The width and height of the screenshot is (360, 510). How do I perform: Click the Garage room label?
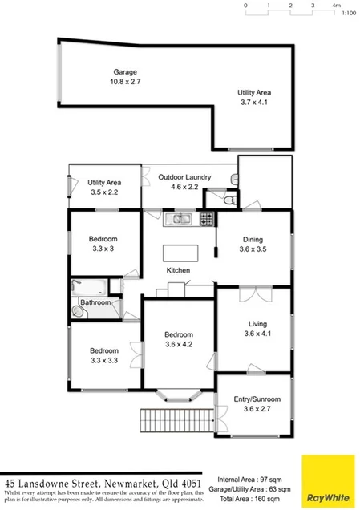pos(124,71)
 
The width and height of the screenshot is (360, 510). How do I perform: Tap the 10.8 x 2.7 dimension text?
pos(124,81)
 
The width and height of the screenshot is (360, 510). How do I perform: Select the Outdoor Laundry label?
pos(184,177)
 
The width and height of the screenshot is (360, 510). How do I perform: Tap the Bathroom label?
pos(95,302)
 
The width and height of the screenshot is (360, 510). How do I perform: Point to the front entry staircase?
pos(178,420)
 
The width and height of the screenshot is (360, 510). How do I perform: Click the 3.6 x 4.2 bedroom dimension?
pos(178,345)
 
